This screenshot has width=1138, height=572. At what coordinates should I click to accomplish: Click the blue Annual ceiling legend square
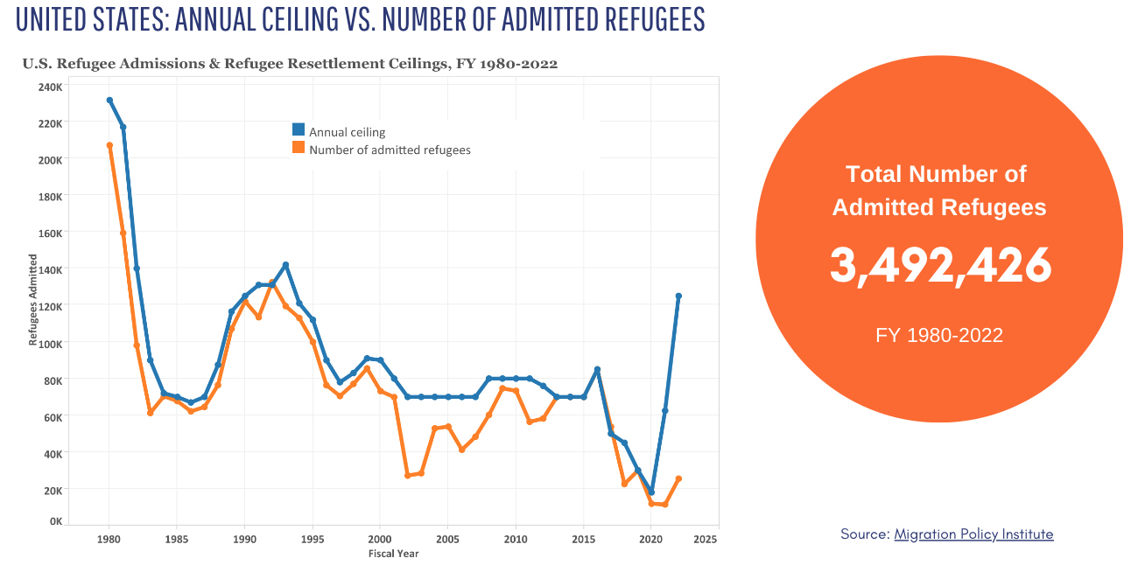tap(298, 129)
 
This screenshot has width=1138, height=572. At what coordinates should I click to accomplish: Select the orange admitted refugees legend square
tap(298, 148)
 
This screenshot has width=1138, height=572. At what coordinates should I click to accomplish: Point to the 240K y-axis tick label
tap(50, 87)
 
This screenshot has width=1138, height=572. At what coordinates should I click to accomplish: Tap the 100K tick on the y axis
tap(50, 343)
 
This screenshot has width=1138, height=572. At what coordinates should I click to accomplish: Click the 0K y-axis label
tap(55, 521)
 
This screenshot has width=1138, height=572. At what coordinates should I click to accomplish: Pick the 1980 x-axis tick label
tap(109, 539)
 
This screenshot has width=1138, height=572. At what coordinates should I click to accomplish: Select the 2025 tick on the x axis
tap(705, 539)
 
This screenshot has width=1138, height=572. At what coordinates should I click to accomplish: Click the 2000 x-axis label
tap(380, 539)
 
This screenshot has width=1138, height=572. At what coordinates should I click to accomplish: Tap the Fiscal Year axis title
tap(393, 554)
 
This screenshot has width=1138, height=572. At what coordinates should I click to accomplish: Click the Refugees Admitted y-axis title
tap(33, 300)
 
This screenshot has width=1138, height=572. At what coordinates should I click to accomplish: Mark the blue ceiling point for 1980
tap(109, 101)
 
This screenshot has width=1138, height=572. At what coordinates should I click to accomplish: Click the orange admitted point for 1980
tap(109, 145)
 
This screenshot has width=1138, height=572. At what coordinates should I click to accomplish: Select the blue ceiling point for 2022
tap(678, 296)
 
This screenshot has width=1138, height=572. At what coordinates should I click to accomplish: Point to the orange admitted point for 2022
tap(678, 478)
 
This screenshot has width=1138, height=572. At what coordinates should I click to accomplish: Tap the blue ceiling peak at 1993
tap(285, 265)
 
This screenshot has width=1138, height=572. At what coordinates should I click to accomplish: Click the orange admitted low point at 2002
tap(407, 476)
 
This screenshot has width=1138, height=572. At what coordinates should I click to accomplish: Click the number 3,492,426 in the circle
tap(939, 265)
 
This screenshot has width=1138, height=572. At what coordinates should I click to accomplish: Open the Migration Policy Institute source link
tap(973, 534)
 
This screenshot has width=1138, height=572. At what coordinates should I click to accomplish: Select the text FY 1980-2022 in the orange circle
tap(939, 335)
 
